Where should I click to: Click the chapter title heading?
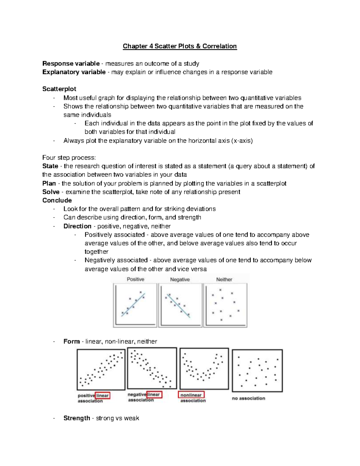[x=180, y=46]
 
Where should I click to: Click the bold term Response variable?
[x=71, y=64]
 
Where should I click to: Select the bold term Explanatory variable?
[x=74, y=72]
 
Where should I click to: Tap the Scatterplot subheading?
[x=59, y=89]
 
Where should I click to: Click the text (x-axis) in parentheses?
[x=242, y=141]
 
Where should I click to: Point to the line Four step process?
[x=69, y=158]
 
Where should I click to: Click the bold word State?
[x=50, y=166]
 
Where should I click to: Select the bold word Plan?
[x=49, y=183]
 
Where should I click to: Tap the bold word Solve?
[x=51, y=192]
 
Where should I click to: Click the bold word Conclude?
[x=57, y=200]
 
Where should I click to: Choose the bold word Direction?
[x=77, y=226]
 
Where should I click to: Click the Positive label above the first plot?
[x=135, y=279]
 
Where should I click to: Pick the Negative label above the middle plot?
[x=180, y=279]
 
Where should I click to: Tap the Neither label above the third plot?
[x=224, y=279]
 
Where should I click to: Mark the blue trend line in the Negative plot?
[x=178, y=305]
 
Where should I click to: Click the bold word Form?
[x=71, y=341]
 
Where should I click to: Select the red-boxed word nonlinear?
[x=191, y=395]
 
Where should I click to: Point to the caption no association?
[x=248, y=398]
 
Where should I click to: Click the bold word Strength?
[x=76, y=418]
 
